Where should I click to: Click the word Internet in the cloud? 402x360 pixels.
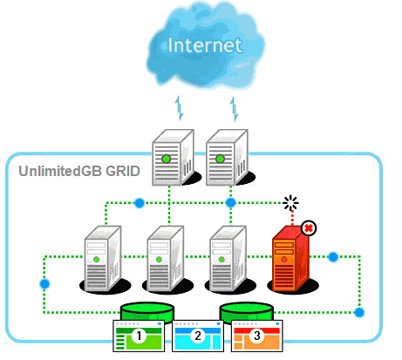[x=205, y=45]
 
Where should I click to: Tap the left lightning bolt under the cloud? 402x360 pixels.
[x=180, y=108]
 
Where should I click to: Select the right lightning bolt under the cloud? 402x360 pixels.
[x=234, y=109]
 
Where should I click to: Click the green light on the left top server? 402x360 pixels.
[x=166, y=159]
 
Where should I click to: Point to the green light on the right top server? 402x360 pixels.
[x=220, y=159]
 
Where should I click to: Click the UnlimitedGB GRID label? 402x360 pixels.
[x=79, y=171]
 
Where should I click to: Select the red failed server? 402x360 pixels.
[x=291, y=259]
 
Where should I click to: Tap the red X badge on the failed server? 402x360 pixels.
[x=309, y=228]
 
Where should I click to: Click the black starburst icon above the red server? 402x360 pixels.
[x=290, y=203]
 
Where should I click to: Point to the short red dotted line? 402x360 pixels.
[x=292, y=218]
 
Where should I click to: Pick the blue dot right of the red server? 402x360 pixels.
[x=333, y=257]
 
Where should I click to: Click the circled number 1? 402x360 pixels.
[x=139, y=336]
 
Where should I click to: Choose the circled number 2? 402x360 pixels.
[x=198, y=336]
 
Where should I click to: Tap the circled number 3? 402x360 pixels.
[x=257, y=336]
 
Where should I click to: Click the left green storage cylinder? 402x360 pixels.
[x=147, y=312]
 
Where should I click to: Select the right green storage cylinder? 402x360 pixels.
[x=247, y=312]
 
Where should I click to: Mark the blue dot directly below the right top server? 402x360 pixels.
[x=231, y=202]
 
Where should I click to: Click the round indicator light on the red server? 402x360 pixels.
[x=284, y=259]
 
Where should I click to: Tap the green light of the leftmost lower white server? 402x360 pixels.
[x=97, y=259]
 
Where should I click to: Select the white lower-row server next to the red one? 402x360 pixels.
[x=228, y=259]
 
